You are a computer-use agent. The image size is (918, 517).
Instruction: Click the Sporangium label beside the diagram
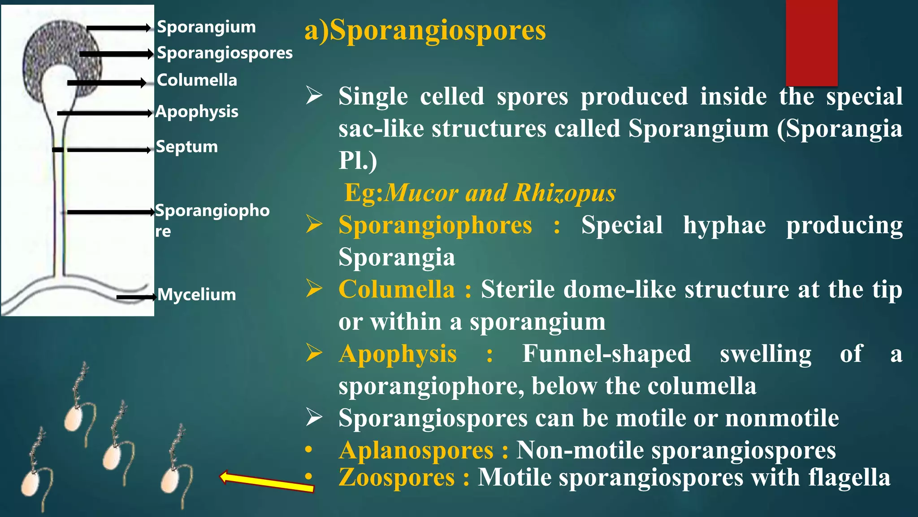[x=206, y=27]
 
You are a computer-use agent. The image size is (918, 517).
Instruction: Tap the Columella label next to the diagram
[x=197, y=80]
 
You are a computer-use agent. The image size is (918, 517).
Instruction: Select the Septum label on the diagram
[x=187, y=147]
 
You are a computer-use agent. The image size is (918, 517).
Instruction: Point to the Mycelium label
[x=197, y=295]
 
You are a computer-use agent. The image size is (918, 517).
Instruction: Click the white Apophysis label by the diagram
[x=197, y=112]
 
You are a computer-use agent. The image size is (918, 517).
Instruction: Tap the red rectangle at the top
[x=811, y=43]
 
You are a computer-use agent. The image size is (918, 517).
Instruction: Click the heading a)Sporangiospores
[x=425, y=31]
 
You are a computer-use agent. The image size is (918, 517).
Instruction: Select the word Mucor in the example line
[x=422, y=193]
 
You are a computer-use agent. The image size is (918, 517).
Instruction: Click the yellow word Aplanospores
[x=416, y=450]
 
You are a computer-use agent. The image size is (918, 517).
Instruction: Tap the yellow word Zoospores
[x=397, y=477]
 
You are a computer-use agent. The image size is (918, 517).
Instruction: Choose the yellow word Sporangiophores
[x=435, y=225]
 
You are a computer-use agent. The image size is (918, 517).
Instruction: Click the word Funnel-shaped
[x=606, y=354]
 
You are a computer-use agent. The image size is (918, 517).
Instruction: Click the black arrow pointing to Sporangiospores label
[x=117, y=54]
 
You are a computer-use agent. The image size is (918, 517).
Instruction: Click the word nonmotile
[x=782, y=418]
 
